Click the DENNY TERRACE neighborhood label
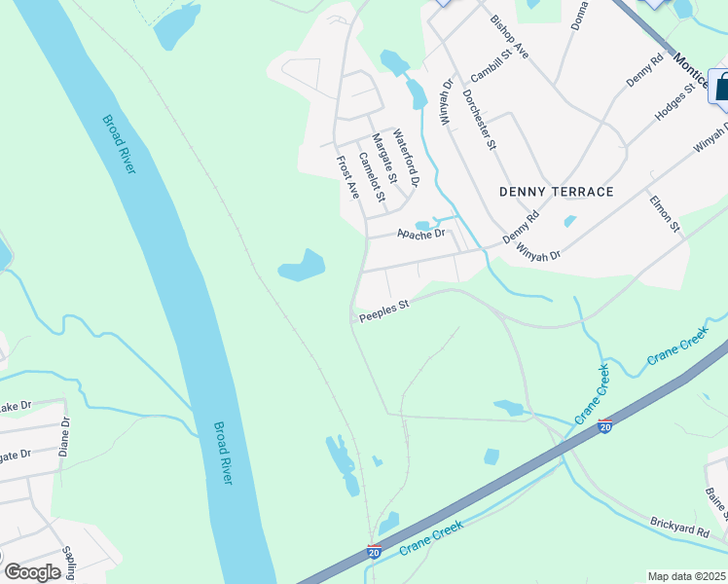(x=556, y=192)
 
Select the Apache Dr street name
(x=420, y=234)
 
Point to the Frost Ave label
(x=347, y=177)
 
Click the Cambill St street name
(x=491, y=67)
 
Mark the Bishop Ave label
(x=509, y=38)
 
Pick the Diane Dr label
(x=65, y=437)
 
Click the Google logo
(x=32, y=571)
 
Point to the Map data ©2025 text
(x=687, y=576)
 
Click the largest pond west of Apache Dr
(x=302, y=266)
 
